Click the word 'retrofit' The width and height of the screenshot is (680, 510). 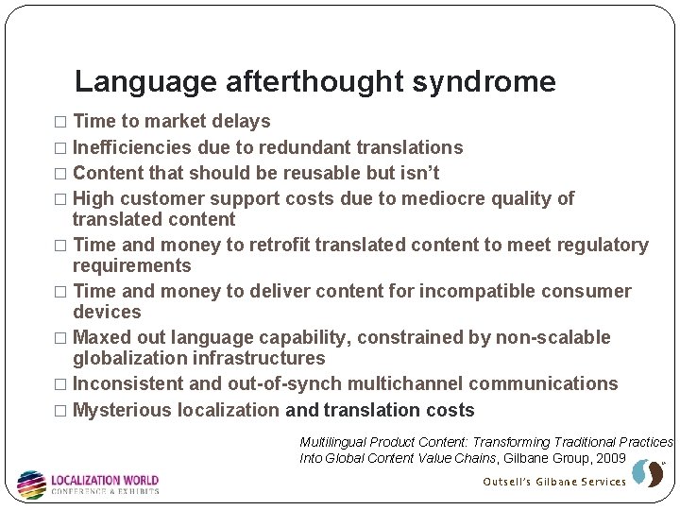pos(277,246)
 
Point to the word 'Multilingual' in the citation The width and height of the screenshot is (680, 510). pos(332,442)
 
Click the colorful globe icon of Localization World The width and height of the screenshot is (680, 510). pos(31,484)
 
